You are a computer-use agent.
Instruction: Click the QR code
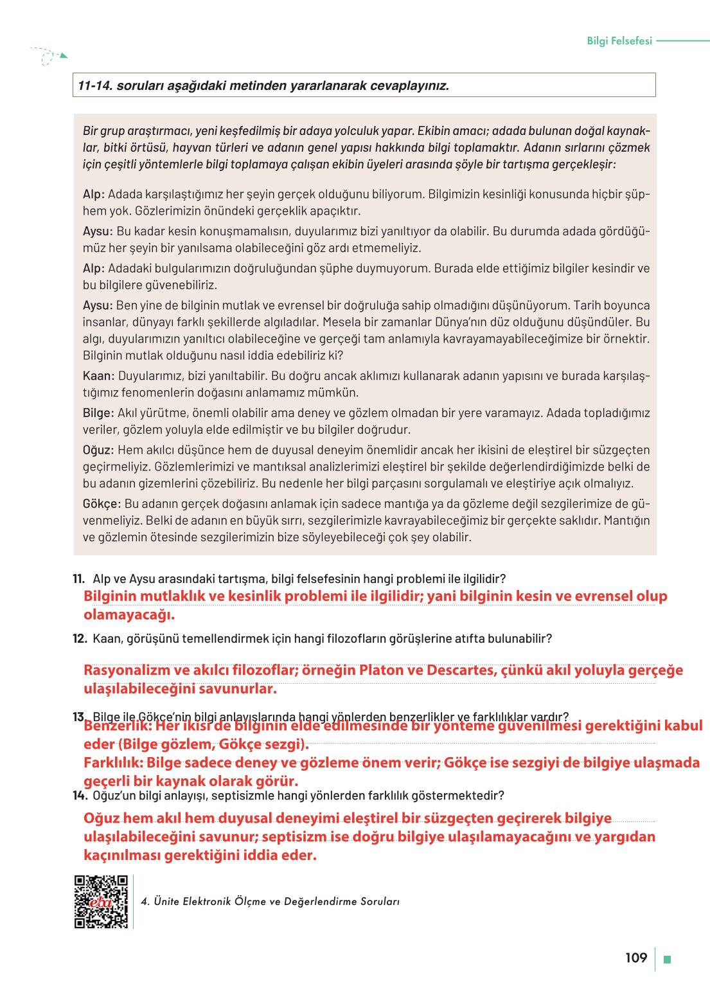tap(102, 901)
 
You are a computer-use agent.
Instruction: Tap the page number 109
tap(635, 958)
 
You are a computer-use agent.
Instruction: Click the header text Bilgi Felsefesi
tap(619, 40)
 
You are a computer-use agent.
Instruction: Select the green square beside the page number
tap(667, 960)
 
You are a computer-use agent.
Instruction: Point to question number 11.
tap(78, 578)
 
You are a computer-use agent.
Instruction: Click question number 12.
tap(79, 638)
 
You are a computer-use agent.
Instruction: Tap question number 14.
tap(79, 796)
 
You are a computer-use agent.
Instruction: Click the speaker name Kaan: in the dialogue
tap(98, 376)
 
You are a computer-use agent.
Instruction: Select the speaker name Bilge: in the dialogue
tap(98, 413)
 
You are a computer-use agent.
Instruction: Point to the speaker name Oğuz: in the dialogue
tap(98, 450)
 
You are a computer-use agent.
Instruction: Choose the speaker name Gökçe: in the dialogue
tap(102, 504)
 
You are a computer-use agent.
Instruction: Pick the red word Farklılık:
tap(113, 763)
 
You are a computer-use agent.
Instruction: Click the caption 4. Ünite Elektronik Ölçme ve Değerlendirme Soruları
tap(270, 902)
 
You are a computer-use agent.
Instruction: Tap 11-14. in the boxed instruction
tap(95, 85)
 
